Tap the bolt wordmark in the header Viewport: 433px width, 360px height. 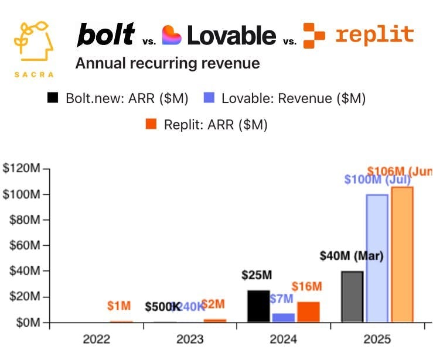click(x=106, y=36)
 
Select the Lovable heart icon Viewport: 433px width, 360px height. click(x=172, y=35)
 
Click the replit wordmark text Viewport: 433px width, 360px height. click(x=374, y=35)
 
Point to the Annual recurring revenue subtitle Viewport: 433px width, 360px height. click(x=168, y=63)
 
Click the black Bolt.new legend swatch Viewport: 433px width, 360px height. click(x=53, y=99)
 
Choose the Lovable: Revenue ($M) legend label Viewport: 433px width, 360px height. click(x=293, y=99)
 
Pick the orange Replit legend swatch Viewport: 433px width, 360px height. click(x=151, y=125)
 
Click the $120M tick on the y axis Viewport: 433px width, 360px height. click(x=24, y=169)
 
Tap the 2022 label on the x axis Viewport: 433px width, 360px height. click(x=97, y=339)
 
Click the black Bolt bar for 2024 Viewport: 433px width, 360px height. click(x=258, y=306)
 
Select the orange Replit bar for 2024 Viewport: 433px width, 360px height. click(x=308, y=312)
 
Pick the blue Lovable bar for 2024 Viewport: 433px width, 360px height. click(x=284, y=318)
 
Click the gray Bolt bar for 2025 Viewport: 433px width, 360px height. click(x=352, y=297)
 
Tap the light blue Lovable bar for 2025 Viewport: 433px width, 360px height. click(x=377, y=258)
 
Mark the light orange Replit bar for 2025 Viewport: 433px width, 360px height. click(x=402, y=255)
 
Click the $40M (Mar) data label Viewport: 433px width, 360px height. click(x=352, y=256)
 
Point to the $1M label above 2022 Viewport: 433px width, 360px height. click(x=119, y=306)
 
